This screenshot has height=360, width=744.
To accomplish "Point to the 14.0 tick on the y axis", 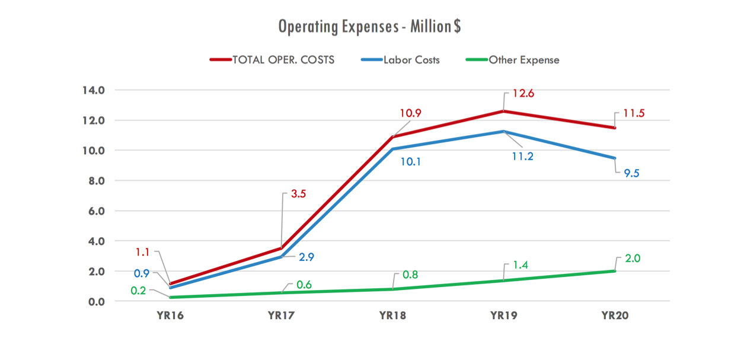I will point(93,91).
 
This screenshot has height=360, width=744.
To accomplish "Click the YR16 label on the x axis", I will point(171,316).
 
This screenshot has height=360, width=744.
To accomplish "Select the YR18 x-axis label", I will point(392,316).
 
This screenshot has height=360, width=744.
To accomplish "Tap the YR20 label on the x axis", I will point(615,316).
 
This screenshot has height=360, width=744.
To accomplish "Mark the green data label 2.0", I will point(632,259).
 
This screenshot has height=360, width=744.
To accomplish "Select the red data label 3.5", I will point(298,194).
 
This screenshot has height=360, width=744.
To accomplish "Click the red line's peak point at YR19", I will point(504,111).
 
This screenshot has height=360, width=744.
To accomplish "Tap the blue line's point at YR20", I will point(615,158).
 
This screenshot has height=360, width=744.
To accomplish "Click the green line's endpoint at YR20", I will point(615,271).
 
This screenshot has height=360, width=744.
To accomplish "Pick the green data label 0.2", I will point(139,290).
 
